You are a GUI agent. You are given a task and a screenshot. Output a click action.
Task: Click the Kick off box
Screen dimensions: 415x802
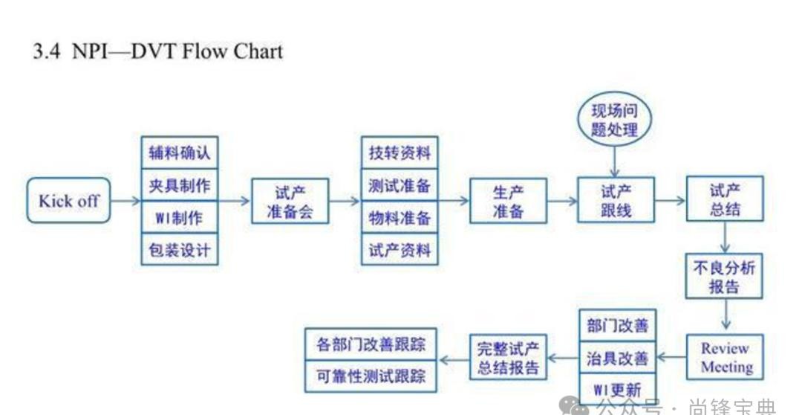pos(68,200)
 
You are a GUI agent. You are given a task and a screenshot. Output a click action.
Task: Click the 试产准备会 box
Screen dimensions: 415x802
pos(290,201)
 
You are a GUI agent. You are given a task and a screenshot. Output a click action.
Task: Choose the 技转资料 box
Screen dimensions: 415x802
pos(400,152)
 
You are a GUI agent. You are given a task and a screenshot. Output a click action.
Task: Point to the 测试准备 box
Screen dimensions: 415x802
pos(400,185)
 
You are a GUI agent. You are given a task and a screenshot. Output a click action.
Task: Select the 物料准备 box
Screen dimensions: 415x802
pos(400,218)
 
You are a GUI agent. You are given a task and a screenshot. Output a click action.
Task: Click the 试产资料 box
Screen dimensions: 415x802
pos(400,250)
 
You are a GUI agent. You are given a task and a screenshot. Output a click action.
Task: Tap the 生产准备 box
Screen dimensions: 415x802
pos(508,201)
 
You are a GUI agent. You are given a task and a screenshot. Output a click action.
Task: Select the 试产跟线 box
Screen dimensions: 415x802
pos(616,200)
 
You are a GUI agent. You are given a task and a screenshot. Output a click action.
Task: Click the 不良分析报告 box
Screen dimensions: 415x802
pos(724,277)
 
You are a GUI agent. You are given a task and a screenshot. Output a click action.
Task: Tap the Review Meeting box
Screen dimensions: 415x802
pos(726,357)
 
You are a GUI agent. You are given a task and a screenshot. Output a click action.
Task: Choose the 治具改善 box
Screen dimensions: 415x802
pos(617,358)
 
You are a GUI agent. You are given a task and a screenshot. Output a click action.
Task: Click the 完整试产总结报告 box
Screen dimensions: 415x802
pos(508,358)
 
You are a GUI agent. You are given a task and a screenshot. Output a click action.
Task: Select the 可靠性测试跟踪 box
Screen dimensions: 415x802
pos(371,376)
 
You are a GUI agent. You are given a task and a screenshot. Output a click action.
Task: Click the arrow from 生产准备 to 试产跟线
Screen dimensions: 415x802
pos(562,201)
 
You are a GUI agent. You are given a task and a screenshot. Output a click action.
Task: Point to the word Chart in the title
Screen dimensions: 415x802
pos(258,51)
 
